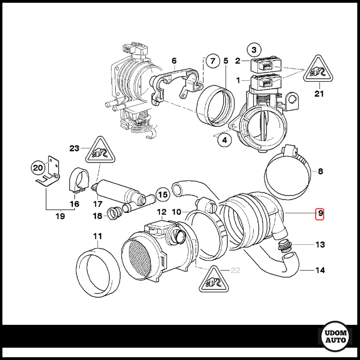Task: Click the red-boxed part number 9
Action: tap(320, 214)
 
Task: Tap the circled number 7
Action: tap(212, 61)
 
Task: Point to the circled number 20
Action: tap(38, 168)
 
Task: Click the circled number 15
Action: tap(163, 194)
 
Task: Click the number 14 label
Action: tap(320, 270)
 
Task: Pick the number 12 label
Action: tap(161, 212)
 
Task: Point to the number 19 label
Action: tap(60, 216)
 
